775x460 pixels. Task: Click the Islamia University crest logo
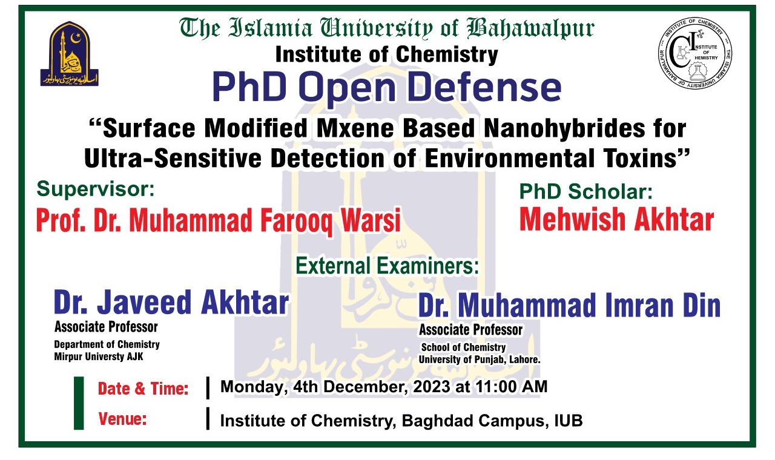[x=69, y=53]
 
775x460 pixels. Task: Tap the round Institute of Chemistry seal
[x=695, y=56]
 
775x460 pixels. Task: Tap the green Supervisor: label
[x=96, y=189]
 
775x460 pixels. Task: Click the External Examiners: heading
[x=387, y=266]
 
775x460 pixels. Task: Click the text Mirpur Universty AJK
[x=99, y=356]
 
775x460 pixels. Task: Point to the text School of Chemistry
[x=463, y=347]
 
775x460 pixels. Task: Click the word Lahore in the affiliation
[x=523, y=360]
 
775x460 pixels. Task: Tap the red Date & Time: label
[x=143, y=389]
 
